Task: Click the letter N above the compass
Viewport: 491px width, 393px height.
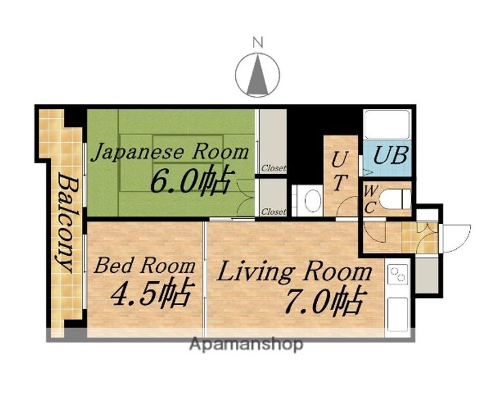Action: tap(258, 42)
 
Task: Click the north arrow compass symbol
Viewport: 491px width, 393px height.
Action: tap(258, 75)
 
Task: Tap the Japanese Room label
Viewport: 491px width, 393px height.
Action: tap(170, 152)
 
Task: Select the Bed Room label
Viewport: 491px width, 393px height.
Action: tap(145, 265)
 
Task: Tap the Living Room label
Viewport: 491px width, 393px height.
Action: tap(295, 272)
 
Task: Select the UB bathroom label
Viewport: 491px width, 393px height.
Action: tap(391, 155)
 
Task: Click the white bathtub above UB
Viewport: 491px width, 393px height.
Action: tap(387, 124)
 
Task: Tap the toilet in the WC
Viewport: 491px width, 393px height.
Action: tap(395, 199)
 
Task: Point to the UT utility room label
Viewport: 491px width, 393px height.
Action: tap(340, 171)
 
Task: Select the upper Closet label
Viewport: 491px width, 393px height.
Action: tap(274, 169)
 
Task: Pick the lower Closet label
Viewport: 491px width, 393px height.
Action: tap(274, 212)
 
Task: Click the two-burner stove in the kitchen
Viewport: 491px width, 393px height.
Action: tap(398, 274)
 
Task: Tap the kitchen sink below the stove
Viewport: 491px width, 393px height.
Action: tap(398, 315)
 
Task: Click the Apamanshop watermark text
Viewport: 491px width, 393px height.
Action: tap(246, 345)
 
